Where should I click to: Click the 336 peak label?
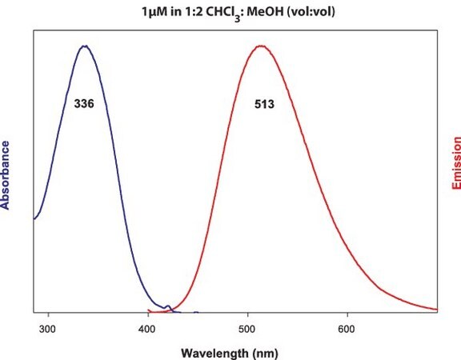[84, 104]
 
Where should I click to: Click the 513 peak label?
[264, 104]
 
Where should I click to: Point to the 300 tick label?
[47, 329]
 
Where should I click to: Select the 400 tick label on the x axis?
[147, 329]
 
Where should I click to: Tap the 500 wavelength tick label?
[247, 329]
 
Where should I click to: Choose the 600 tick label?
[347, 329]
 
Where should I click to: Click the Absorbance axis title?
[5, 175]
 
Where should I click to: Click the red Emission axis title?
[456, 163]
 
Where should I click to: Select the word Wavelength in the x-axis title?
[214, 353]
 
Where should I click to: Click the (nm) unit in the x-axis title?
[265, 353]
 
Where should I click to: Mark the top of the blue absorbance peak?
[85, 46]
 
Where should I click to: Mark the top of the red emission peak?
[261, 46]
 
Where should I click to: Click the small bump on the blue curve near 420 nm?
[168, 306]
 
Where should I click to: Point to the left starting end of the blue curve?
[34, 219]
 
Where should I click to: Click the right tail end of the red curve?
[437, 309]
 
